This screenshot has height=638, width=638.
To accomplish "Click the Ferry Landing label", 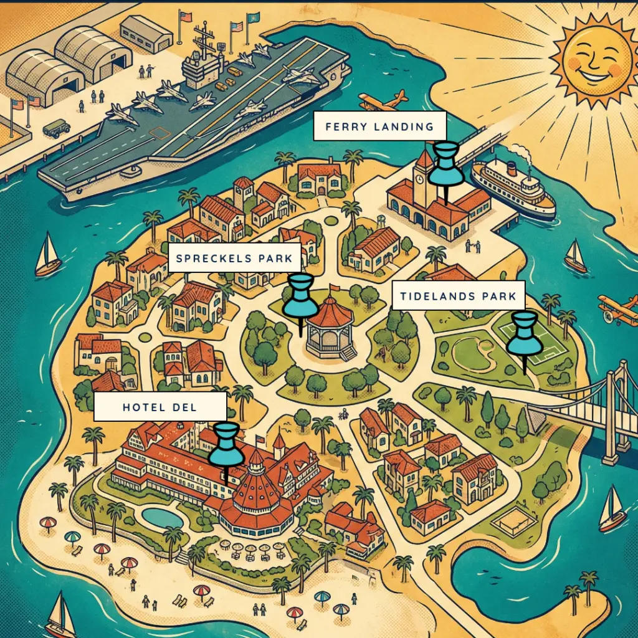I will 379,127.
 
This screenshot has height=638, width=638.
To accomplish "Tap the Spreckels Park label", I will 234,258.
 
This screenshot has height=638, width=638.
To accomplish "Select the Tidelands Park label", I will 458,296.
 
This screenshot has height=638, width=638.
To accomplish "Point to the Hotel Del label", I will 159,407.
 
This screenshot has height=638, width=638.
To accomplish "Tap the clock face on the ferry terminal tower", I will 421,178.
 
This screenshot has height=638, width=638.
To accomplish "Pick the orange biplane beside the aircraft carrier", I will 383,100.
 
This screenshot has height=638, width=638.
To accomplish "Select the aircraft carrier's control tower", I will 203,59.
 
